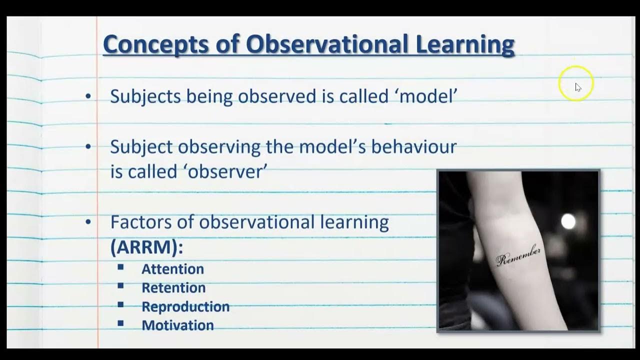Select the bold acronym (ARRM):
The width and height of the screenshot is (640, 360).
tap(146, 247)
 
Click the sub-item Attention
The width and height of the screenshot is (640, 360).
tap(172, 269)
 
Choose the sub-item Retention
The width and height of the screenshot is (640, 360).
tap(173, 288)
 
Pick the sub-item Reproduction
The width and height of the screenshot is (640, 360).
tap(185, 306)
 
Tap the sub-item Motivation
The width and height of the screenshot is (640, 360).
tap(177, 325)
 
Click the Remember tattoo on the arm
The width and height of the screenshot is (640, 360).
tap(518, 255)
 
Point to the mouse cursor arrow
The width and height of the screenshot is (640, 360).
tap(577, 87)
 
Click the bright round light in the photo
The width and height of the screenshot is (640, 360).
tap(568, 221)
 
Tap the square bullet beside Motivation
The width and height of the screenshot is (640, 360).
tap(120, 324)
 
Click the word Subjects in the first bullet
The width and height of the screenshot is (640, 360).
tap(145, 96)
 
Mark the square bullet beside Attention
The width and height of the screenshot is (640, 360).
tap(120, 267)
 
